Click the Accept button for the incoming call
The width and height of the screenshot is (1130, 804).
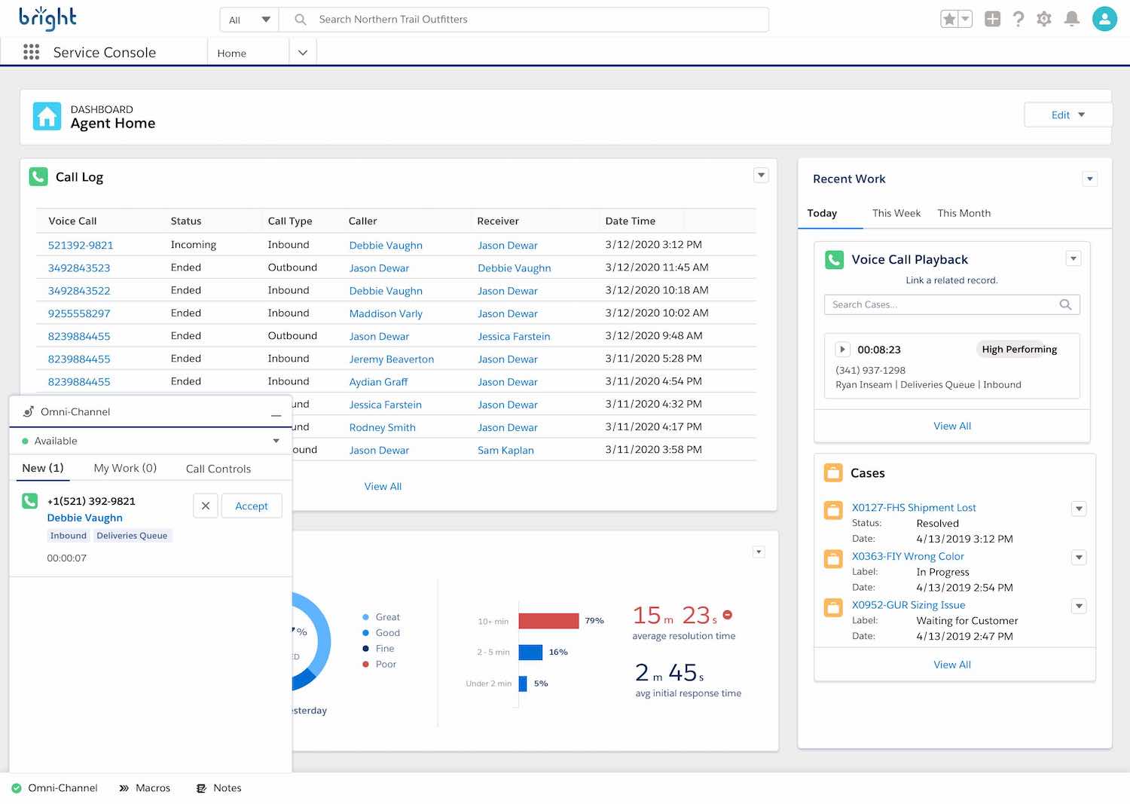[x=251, y=506]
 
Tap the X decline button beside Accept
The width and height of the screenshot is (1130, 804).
[x=206, y=506]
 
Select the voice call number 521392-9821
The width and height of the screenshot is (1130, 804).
[x=81, y=245]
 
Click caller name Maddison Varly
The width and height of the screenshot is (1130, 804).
[x=386, y=313]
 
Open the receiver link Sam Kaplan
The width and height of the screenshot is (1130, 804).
[x=505, y=450]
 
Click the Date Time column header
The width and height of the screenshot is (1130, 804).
[x=630, y=221]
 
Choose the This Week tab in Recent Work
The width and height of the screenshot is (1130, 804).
[x=896, y=213]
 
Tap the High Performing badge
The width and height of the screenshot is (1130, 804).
[x=1019, y=350]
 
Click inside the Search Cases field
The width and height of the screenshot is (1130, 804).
[x=942, y=304]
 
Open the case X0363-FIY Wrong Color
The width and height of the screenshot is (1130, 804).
[x=908, y=556]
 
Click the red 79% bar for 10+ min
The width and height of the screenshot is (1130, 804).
[x=548, y=621]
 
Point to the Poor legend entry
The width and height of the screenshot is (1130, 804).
[x=385, y=664]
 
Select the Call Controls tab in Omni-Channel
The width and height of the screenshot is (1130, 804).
[x=218, y=469]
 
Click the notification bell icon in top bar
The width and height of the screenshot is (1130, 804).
[x=1071, y=19]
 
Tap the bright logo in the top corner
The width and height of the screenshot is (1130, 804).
[x=47, y=18]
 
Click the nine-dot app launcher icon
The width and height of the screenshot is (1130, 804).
[x=31, y=52]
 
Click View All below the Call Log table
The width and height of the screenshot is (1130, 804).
[x=383, y=487]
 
